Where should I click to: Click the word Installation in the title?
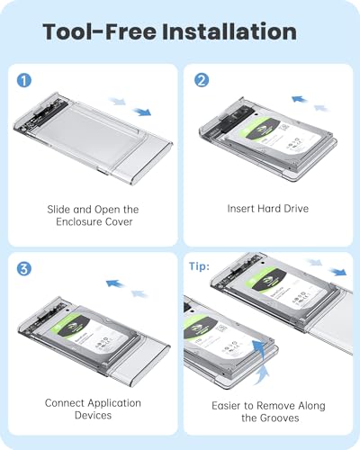click(x=230, y=32)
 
